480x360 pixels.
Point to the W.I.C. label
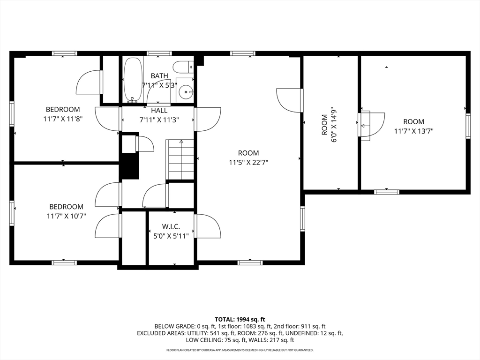pos(171,227)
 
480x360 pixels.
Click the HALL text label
pos(159,111)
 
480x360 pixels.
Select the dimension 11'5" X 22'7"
pos(248,162)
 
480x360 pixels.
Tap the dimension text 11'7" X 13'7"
pos(413,131)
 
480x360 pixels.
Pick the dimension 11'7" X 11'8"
pos(63,119)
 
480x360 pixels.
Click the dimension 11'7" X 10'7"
pos(66,216)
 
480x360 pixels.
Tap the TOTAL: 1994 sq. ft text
pos(240,319)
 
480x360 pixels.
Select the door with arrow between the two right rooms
pos(371,126)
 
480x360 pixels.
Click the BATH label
pos(159,76)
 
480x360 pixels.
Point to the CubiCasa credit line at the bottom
pos(240,350)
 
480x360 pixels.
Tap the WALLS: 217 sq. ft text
pos(274,340)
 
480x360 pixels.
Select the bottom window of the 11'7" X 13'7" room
pos(387,192)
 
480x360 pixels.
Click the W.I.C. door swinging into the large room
pos(209,226)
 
